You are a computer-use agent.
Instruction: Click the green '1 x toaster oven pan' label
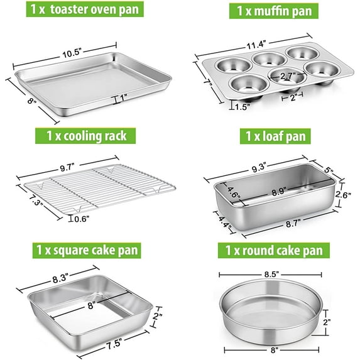tap(85, 9)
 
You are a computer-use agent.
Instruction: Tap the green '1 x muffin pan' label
tap(274, 11)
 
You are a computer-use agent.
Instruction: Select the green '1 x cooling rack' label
tap(85, 136)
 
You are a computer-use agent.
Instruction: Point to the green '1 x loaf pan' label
tap(275, 136)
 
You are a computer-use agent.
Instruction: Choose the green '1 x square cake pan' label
tap(87, 250)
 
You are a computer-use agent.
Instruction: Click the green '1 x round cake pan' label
tap(274, 250)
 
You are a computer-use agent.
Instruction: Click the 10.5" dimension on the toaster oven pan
tap(72, 53)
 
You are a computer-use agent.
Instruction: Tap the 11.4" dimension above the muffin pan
tap(256, 45)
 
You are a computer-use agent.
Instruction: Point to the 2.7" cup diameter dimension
tap(288, 75)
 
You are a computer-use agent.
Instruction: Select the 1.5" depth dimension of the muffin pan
tap(243, 107)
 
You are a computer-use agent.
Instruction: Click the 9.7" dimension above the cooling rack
tap(67, 168)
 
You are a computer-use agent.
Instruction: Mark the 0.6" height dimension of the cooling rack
tap(82, 219)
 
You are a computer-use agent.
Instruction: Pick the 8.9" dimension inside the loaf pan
tap(279, 192)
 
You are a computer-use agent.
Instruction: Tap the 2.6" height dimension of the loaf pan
tap(343, 195)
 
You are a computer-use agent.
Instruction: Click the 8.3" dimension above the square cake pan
tap(60, 279)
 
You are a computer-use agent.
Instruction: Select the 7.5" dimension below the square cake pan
tap(114, 344)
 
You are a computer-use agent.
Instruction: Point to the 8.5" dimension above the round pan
tap(271, 275)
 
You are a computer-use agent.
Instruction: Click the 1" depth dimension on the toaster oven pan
tap(123, 97)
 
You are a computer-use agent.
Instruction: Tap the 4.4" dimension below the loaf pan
tap(224, 222)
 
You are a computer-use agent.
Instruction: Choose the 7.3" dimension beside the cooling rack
tap(36, 199)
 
